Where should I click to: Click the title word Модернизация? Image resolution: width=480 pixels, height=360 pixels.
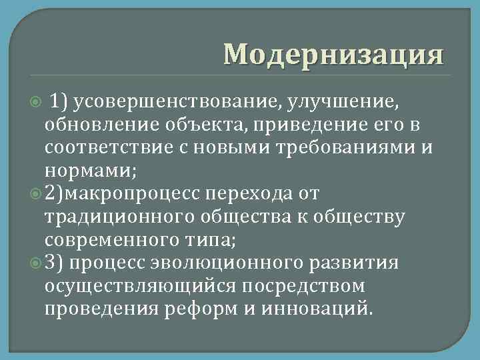click(x=333, y=54)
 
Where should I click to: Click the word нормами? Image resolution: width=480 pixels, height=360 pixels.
click(x=87, y=171)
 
